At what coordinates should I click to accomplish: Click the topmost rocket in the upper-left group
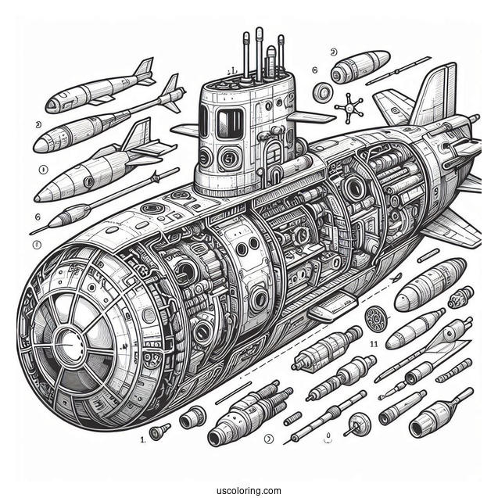point(98,88)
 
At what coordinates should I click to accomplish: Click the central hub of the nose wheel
point(66,342)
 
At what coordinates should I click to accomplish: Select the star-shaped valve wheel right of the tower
point(348,106)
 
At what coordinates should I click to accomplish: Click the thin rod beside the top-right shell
point(399,69)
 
